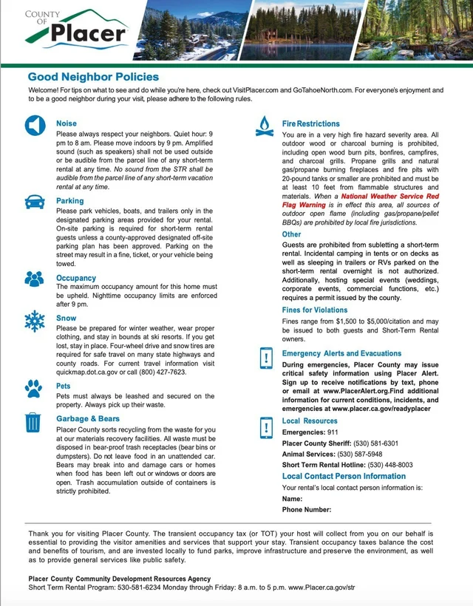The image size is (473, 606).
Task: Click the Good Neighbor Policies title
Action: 93,77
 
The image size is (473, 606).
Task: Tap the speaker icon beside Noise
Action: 35,126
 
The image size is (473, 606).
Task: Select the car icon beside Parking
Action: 34,202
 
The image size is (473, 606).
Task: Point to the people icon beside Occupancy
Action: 35,279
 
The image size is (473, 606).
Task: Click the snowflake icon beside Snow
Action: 34,320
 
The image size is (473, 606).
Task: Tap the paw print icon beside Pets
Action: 34,387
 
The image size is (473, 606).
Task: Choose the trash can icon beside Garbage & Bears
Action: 33,421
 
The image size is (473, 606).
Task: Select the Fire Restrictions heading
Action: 311,123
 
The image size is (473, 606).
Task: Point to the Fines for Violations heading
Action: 315,310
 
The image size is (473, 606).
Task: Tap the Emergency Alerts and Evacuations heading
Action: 341,354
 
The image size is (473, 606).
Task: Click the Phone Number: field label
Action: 307,510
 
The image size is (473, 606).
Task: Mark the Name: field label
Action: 293,500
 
